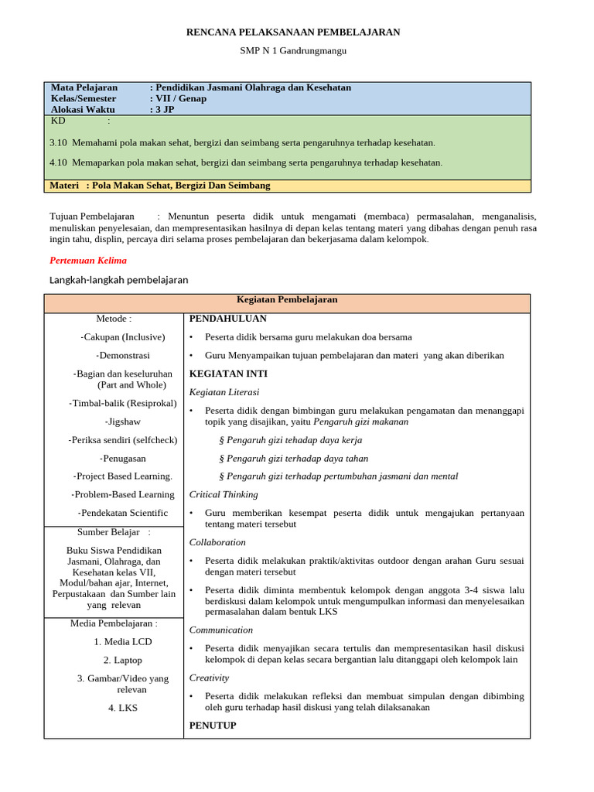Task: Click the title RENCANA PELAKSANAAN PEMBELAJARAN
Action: tap(294, 32)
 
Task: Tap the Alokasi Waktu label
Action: tap(83, 109)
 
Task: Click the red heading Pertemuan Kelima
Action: tap(87, 260)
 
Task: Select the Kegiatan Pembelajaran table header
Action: tap(286, 299)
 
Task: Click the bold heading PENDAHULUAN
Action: tap(227, 318)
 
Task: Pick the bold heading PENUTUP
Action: tap(213, 725)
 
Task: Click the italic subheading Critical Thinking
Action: tap(224, 494)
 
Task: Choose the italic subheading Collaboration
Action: tap(217, 542)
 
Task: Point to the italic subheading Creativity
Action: tap(209, 678)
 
